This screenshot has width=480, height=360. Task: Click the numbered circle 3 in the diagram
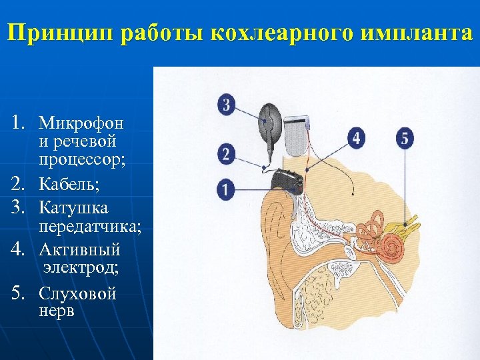coord(226,105)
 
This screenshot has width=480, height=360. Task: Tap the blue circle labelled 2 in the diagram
coord(226,155)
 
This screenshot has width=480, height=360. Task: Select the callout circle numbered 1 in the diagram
coord(226,189)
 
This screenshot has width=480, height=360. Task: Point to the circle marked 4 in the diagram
coord(357,139)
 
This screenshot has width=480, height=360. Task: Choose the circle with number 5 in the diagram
coord(404,139)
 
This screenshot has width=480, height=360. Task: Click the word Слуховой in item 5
coord(77,293)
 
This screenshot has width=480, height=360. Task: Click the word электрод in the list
coord(81,268)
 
